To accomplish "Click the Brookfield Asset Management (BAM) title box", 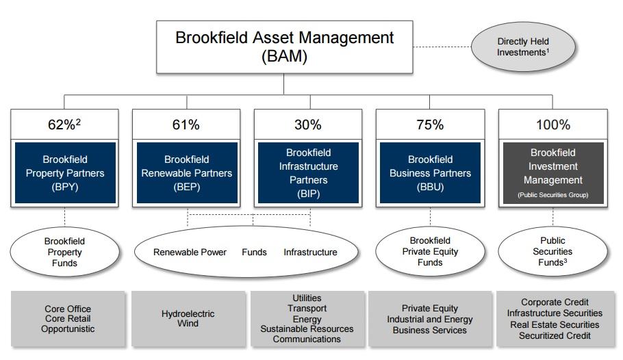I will tap(284, 47).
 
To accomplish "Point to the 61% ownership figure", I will tap(186, 125).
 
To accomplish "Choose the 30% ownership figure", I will tap(308, 125).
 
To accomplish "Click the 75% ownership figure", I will tap(430, 125).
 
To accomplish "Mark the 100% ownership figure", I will tap(552, 125).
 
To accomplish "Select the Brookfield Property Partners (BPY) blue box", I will tap(65, 173).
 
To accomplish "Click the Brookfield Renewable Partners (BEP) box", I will tap(187, 173).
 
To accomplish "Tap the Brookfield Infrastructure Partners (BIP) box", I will tap(308, 173).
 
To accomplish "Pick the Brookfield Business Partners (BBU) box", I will tap(430, 173).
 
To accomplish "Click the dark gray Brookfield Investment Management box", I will tap(553, 173).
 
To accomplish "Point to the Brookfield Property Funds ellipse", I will tap(65, 252).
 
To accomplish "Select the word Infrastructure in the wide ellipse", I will tap(310, 252).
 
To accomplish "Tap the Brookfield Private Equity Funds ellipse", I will tap(430, 251).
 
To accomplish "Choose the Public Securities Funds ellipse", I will tap(552, 251).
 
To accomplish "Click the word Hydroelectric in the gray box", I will tap(188, 313).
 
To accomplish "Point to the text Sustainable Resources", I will tap(307, 329).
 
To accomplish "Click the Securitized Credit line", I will tap(555, 335).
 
